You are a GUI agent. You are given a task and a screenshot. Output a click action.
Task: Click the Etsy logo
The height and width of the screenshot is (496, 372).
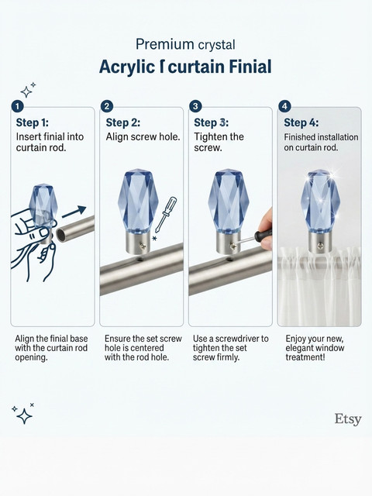(x=348, y=419)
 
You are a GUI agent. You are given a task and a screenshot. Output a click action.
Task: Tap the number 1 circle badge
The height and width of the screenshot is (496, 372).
(x=17, y=106)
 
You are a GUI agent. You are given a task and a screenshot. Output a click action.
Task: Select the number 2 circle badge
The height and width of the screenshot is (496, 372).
(x=107, y=106)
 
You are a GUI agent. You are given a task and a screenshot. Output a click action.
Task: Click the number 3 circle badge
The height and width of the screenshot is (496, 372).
(x=195, y=106)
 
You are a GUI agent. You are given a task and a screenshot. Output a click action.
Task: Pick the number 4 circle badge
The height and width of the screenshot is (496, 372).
(x=284, y=106)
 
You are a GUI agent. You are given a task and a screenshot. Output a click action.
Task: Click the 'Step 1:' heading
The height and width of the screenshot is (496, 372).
(x=33, y=122)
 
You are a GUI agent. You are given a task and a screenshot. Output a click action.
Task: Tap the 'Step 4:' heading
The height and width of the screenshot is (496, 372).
(x=301, y=122)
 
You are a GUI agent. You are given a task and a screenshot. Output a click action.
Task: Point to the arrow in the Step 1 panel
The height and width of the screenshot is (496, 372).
(x=74, y=212)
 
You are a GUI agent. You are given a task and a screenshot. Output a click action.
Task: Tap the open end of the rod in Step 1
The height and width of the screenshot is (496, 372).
(x=61, y=236)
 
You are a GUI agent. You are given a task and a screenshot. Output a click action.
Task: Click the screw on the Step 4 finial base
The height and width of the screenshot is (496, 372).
(x=321, y=245)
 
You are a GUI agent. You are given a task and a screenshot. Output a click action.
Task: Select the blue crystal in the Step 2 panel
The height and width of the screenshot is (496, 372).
(x=138, y=201)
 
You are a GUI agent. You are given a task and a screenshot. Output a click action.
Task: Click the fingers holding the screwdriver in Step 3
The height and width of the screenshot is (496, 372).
(x=267, y=229)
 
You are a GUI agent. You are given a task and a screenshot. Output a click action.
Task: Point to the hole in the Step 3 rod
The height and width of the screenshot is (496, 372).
(x=230, y=260)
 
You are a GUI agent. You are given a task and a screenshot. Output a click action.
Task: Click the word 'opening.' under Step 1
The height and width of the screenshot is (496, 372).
(x=31, y=358)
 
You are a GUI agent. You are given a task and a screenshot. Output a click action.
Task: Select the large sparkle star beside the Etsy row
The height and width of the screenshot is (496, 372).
(x=24, y=416)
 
